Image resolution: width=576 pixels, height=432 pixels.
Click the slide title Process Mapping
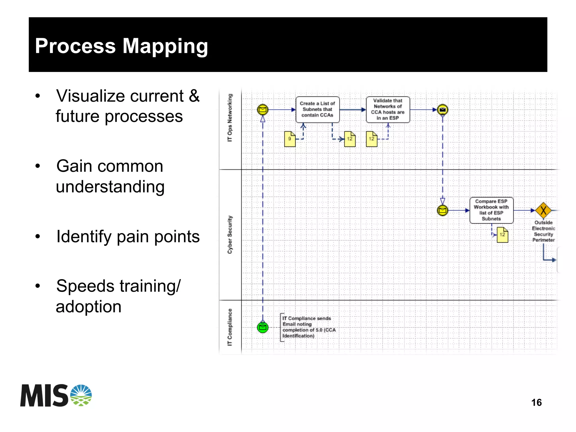pos(121,46)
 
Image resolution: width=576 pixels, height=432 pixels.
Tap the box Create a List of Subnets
pos(317,110)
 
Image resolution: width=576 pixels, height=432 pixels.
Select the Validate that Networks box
pos(388,110)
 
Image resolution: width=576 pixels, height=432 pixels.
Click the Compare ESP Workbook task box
pos(491,210)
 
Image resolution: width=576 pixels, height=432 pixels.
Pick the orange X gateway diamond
pos(543,210)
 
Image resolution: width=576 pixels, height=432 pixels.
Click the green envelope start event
pos(263,328)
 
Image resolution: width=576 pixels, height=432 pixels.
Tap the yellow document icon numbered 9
pos(290,139)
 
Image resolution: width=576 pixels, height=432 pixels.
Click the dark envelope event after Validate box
pos(442,110)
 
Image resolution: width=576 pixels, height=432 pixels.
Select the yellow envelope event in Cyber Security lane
pos(442,210)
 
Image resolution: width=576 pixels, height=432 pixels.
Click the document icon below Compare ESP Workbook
pos(502,235)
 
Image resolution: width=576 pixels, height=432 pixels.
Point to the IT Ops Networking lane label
pos(230,118)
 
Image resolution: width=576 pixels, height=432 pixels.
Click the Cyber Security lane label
pos(230,235)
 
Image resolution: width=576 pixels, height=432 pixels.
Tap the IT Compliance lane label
pos(230,327)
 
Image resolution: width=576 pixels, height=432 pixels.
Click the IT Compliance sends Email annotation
pos(308,327)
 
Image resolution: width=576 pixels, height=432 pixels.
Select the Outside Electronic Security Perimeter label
pos(543,231)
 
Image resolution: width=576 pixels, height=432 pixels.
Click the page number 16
pos(536,403)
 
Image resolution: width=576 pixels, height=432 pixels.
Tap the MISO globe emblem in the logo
pos(81,395)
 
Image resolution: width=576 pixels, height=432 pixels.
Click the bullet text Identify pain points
pos(128,237)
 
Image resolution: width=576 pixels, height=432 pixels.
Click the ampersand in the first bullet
pos(194,96)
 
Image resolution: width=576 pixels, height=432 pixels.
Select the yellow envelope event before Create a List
pos(263,110)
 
